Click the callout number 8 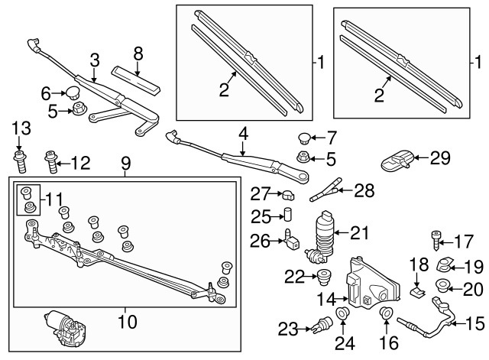(138, 54)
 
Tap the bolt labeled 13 (20, 161)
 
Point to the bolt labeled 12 (51, 162)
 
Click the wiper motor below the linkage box (66, 328)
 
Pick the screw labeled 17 (436, 241)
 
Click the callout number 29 (440, 158)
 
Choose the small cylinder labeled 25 (287, 214)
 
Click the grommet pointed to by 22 (324, 277)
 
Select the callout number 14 (326, 299)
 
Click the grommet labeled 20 (442, 285)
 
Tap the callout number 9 (126, 164)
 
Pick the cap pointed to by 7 (303, 138)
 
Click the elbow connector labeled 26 (291, 240)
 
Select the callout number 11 (54, 199)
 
